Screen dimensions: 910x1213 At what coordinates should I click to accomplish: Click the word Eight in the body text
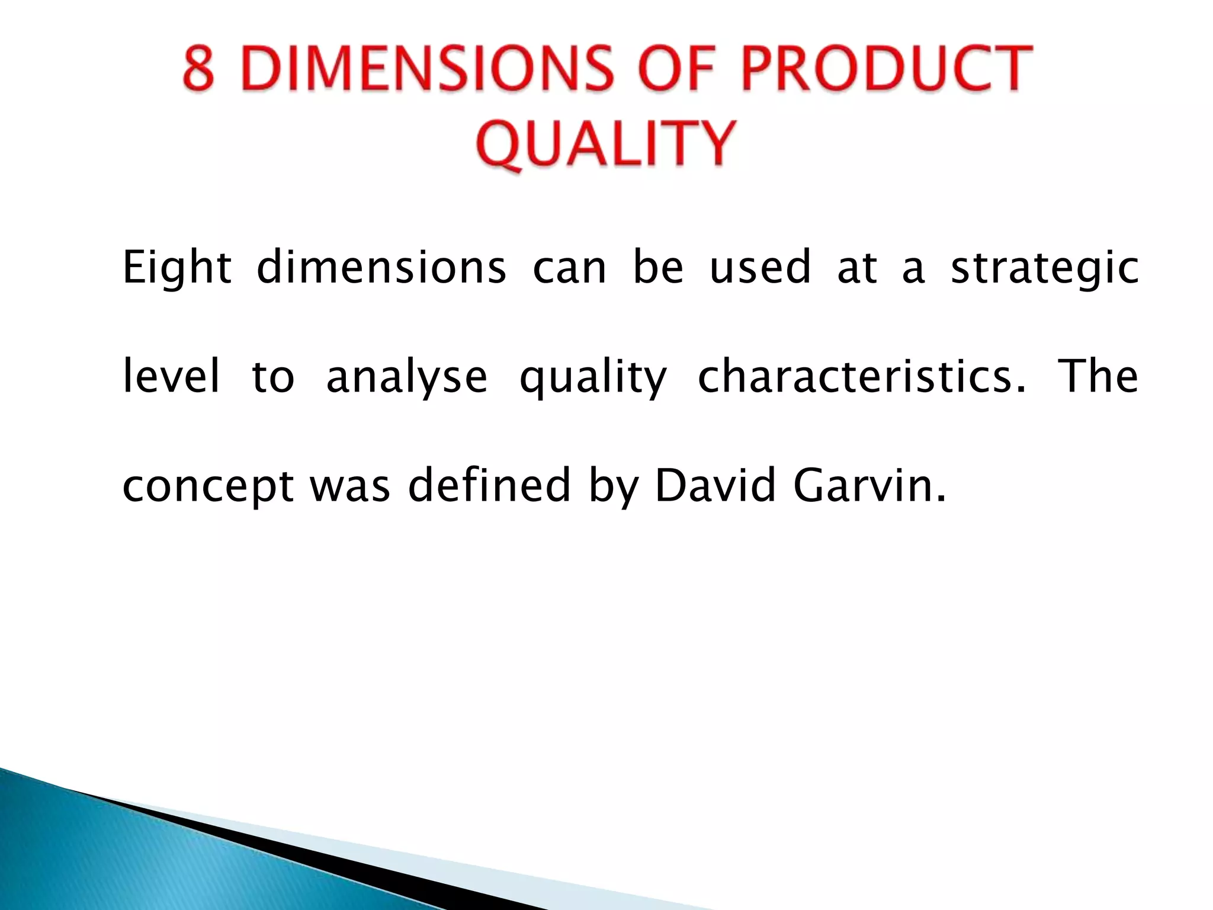[177, 268]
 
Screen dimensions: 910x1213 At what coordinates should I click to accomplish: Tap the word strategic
[1045, 268]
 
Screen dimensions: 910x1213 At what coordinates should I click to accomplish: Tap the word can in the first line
[570, 268]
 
